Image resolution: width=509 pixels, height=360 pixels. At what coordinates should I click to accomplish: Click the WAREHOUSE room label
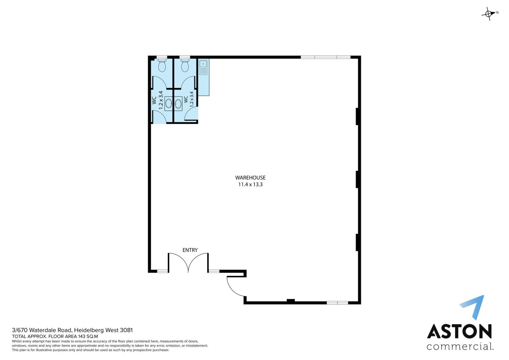tap(250, 178)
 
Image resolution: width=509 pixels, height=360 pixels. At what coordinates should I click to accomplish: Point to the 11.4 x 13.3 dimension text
tap(250, 184)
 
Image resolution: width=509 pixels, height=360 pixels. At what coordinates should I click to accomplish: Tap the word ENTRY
tap(190, 250)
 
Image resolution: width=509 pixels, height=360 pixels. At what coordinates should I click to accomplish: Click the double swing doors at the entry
tap(188, 262)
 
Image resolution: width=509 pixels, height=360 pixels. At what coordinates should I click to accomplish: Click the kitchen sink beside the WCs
tap(203, 67)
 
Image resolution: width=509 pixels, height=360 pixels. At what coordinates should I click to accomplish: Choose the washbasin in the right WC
tap(178, 104)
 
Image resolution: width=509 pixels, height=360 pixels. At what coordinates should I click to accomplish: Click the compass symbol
tap(488, 14)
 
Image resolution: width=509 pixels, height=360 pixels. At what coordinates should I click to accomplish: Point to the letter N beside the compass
tap(498, 12)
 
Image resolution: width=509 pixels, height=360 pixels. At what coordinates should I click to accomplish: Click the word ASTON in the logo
tap(459, 331)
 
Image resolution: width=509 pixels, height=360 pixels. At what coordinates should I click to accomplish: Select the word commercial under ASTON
tap(459, 347)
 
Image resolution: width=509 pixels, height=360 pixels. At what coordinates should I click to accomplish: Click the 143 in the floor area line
tap(82, 336)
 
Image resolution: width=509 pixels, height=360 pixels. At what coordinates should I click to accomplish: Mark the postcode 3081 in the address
tap(126, 330)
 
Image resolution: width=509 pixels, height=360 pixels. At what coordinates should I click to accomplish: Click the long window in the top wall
tap(325, 57)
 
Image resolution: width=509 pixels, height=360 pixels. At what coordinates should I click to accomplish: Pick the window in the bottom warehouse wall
tap(338, 303)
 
